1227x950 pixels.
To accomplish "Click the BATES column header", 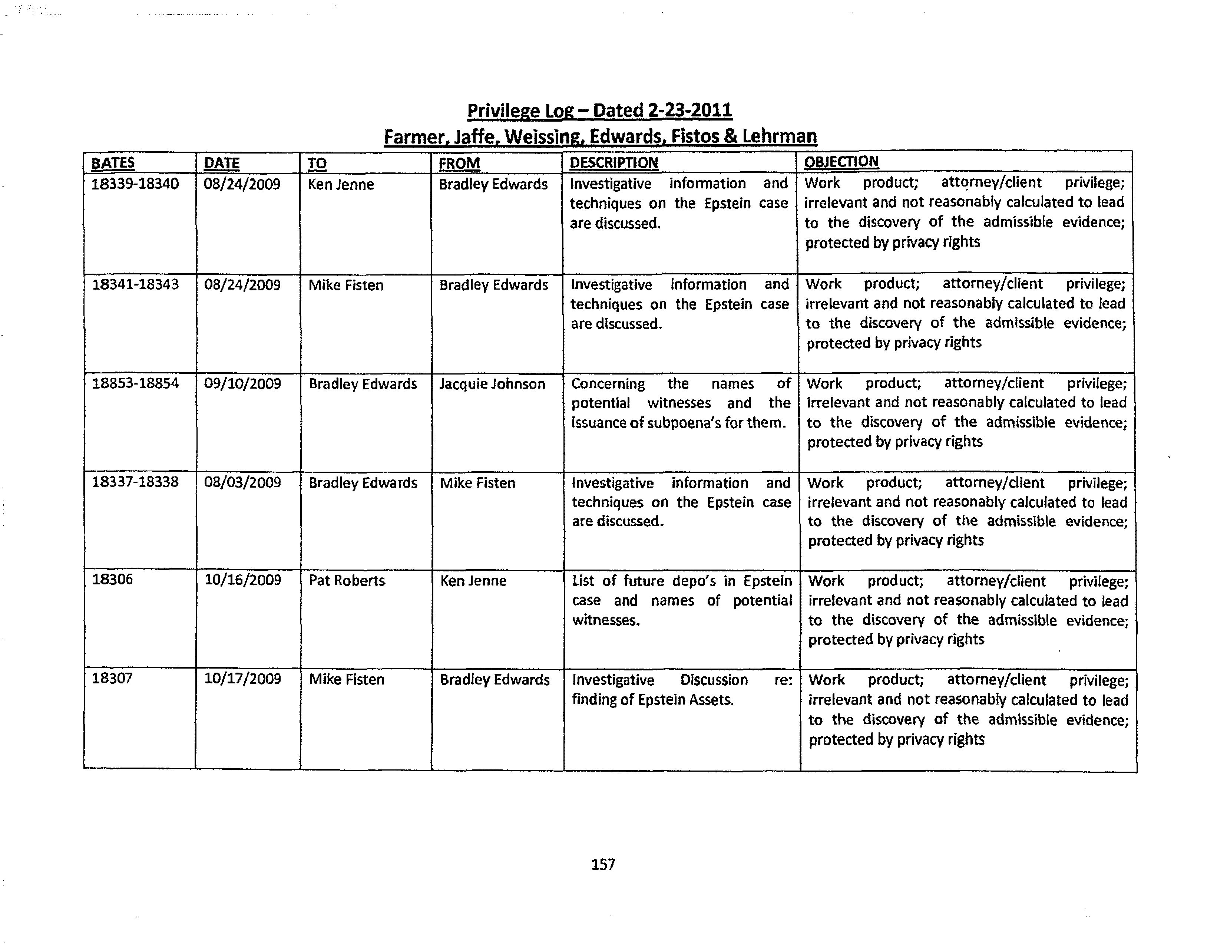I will point(113,163).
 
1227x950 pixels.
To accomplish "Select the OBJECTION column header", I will point(841,162).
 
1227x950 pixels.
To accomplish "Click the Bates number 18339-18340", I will point(135,184).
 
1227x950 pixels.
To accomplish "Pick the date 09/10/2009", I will point(242,383).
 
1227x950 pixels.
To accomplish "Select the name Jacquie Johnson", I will point(492,384).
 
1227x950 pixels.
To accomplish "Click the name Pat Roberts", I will point(347,580).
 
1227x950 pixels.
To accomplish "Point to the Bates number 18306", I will point(112,579).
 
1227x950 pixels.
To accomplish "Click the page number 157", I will point(603,864).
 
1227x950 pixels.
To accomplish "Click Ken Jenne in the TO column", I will point(340,184).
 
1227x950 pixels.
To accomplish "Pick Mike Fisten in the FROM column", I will point(477,483).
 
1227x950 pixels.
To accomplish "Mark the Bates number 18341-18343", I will point(135,284).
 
